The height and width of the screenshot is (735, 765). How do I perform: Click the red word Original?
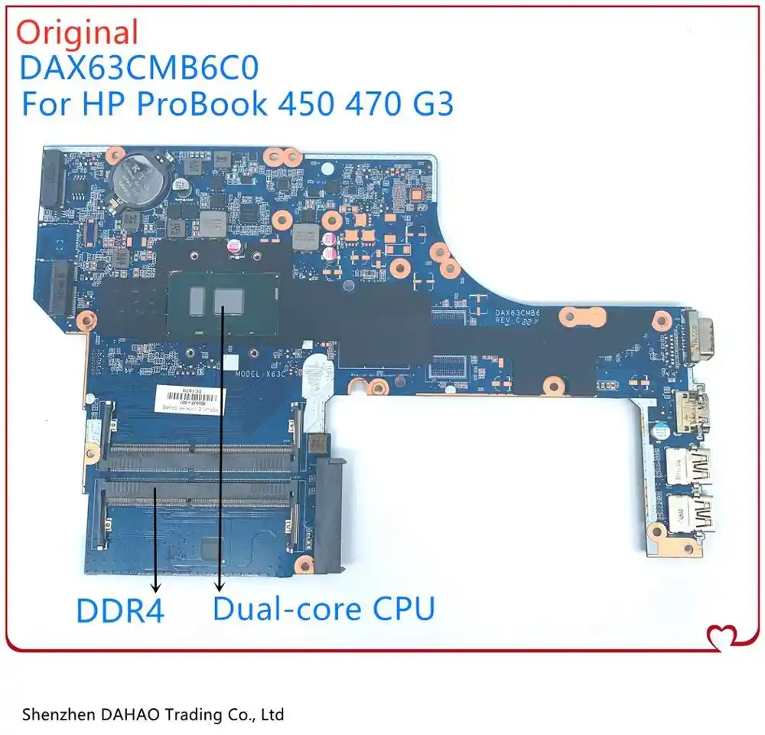[78, 33]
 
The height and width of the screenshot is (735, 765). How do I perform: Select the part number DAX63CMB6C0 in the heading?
[139, 69]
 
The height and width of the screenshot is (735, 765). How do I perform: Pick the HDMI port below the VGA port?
[691, 410]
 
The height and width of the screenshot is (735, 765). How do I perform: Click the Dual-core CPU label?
[324, 609]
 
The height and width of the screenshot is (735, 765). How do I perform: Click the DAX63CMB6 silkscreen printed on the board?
[518, 312]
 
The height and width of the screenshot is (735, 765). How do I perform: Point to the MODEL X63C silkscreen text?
[262, 374]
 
